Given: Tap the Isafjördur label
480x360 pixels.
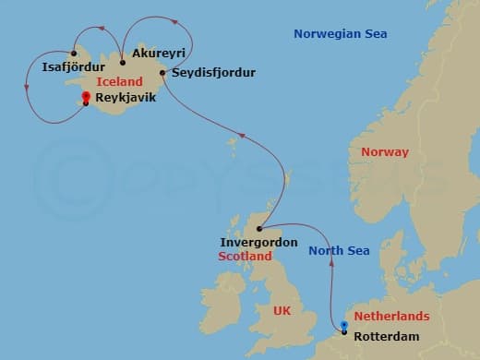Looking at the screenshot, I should (x=75, y=66).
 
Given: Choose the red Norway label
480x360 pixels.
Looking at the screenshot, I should (x=384, y=151).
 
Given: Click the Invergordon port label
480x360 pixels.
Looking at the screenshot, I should (x=258, y=242).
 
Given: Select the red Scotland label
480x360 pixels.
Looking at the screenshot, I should (x=246, y=256).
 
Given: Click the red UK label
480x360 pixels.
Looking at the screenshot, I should (x=282, y=311).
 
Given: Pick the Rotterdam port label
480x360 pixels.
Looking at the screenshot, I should (x=386, y=335).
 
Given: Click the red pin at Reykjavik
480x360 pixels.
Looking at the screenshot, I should (x=85, y=96).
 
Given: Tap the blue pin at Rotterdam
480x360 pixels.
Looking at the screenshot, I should (x=343, y=325).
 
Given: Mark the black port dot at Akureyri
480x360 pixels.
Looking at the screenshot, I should (x=122, y=63).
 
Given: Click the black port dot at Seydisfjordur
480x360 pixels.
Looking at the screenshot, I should (x=162, y=72).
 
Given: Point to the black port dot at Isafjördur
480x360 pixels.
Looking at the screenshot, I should (x=73, y=53).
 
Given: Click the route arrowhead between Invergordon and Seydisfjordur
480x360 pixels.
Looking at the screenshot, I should (x=242, y=136).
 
